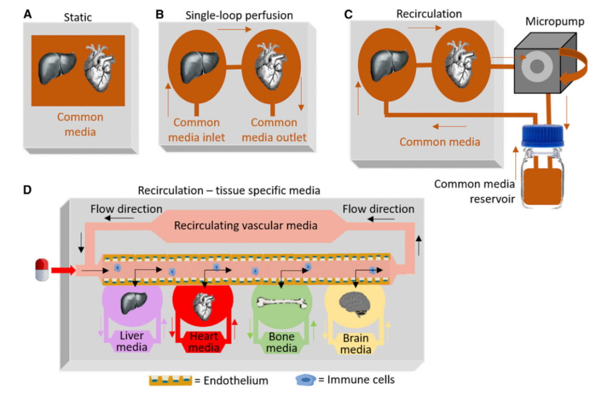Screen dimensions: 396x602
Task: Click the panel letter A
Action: [28, 15]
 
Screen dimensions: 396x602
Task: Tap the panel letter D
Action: [28, 189]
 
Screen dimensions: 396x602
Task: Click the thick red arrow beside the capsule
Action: [62, 271]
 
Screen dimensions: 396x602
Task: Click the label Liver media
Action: [132, 342]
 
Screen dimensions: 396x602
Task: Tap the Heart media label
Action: [204, 342]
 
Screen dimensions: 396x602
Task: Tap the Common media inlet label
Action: [197, 129]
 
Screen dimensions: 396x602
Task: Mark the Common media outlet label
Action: [278, 129]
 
